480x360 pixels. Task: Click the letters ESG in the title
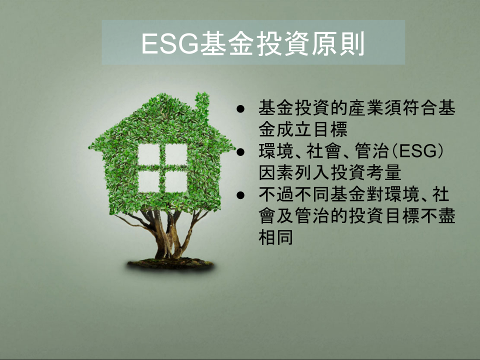pyautogui.click(x=170, y=43)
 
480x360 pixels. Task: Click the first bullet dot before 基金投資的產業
pyautogui.click(x=240, y=109)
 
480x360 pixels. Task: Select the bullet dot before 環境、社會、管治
pyautogui.click(x=240, y=152)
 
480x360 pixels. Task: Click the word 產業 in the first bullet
pyautogui.click(x=366, y=108)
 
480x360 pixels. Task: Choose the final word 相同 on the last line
pyautogui.click(x=276, y=237)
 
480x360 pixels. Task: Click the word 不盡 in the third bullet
pyautogui.click(x=438, y=215)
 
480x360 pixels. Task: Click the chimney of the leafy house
pyautogui.click(x=202, y=103)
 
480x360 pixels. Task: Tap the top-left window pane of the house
pyautogui.click(x=149, y=154)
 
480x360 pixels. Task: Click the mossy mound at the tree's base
pyautogui.click(x=171, y=264)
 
